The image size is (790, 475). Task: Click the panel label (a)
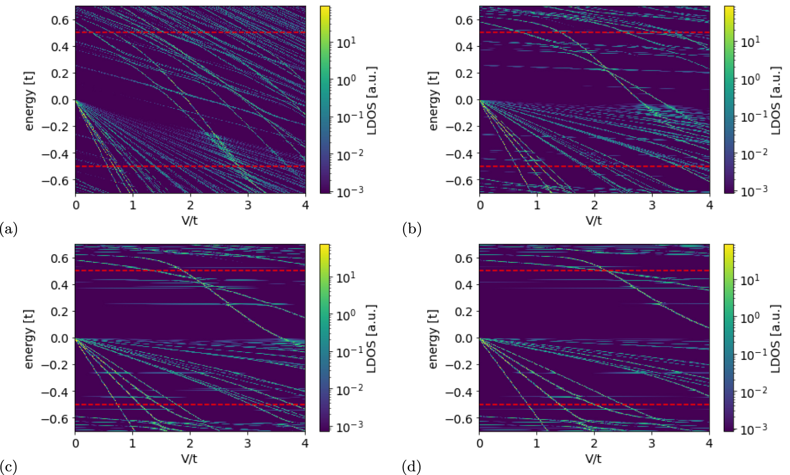[9, 229]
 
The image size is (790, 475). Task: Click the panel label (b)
[412, 229]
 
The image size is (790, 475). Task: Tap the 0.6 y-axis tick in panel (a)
[60, 20]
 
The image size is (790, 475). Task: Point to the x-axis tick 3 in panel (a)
[248, 205]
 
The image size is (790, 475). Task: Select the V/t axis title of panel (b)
[594, 221]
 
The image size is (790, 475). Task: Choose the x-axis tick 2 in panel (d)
[594, 443]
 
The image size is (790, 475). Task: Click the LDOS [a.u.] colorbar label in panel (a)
[372, 100]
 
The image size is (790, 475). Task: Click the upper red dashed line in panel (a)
[190, 32]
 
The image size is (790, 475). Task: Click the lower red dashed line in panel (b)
[594, 166]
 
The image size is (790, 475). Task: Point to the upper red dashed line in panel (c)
[190, 271]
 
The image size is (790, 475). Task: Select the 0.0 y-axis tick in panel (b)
[464, 100]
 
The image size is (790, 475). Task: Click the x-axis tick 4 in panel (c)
[305, 443]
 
